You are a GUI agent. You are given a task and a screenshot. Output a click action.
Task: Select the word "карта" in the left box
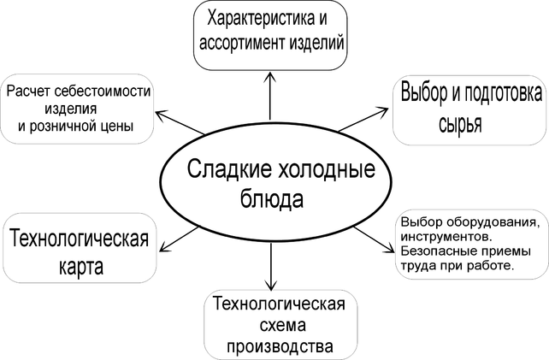pos(81,266)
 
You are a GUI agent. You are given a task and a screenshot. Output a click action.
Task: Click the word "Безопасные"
pos(437,250)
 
